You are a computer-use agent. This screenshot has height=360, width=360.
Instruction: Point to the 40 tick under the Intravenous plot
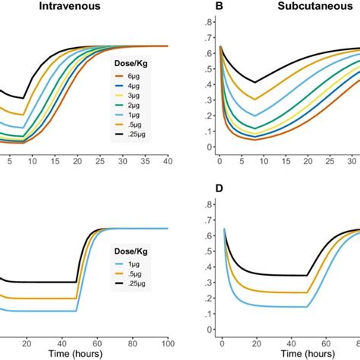click(167, 160)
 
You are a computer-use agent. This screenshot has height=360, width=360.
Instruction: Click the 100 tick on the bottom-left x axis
click(166, 341)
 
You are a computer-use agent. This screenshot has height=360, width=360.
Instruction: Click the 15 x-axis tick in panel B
click(289, 160)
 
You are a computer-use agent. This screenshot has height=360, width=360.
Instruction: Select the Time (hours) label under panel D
click(289, 353)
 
